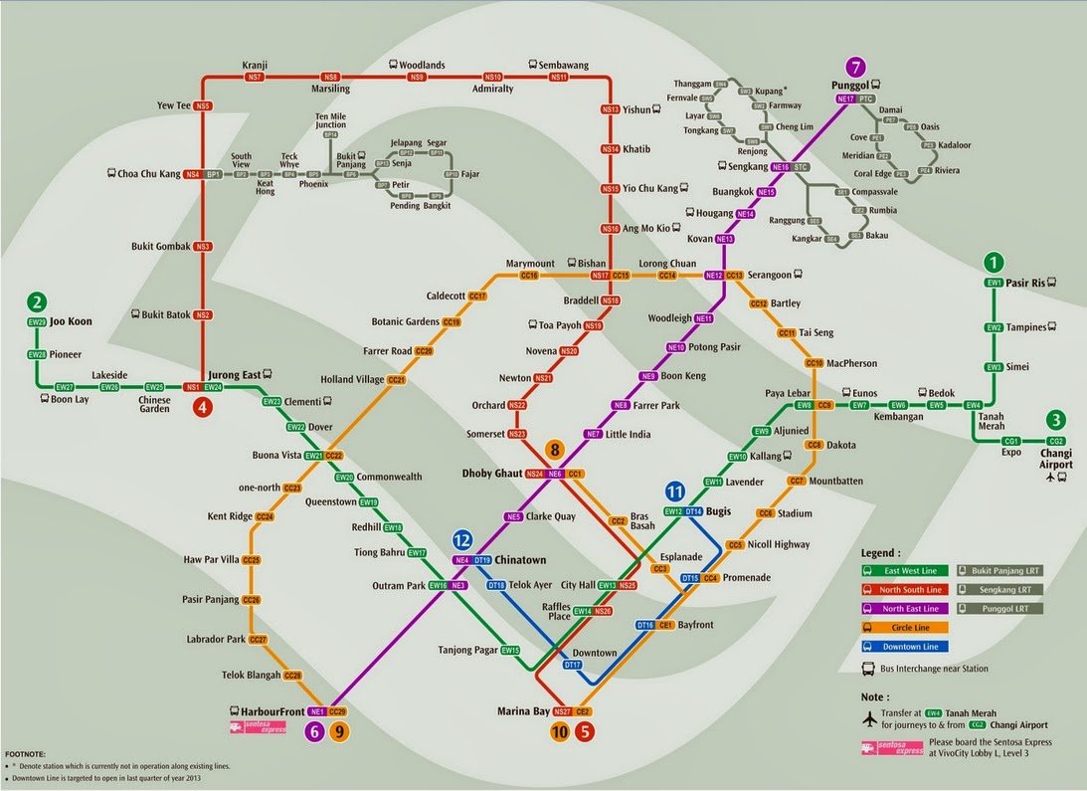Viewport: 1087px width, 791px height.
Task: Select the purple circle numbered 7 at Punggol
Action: (x=854, y=67)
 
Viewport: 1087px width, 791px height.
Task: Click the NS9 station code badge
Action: (x=417, y=77)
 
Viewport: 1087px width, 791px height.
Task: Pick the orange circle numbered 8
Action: (x=555, y=450)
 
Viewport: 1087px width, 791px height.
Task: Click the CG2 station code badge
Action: (x=1055, y=441)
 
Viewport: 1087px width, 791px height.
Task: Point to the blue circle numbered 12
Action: (x=461, y=540)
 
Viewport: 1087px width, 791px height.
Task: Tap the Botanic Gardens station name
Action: (x=405, y=322)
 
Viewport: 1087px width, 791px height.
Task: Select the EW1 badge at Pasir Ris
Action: (x=993, y=283)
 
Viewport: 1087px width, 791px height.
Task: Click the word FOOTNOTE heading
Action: (x=24, y=755)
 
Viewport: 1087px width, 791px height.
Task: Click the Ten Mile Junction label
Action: (x=331, y=120)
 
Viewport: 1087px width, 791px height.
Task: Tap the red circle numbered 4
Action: (x=203, y=406)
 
